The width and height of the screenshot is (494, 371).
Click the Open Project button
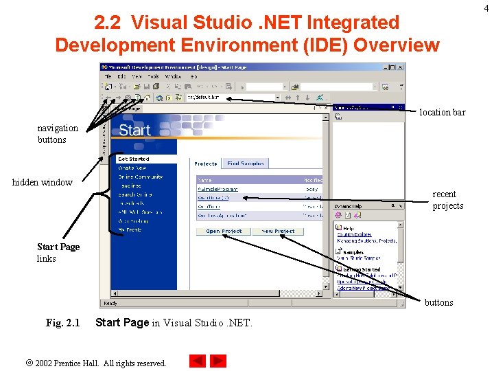pos(224,232)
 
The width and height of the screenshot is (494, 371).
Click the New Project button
pos(278,232)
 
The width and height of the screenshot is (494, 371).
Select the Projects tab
pos(205,164)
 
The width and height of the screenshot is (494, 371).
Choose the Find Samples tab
pos(246,164)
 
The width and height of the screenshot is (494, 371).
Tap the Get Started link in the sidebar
pos(133,159)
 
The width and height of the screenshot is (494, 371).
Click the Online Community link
pos(140,177)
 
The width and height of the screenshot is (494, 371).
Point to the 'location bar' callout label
pos(442,112)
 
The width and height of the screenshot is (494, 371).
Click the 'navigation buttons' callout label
pos(58,134)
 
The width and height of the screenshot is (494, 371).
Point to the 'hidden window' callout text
pos(42,182)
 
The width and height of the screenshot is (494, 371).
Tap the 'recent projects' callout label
pos(448,200)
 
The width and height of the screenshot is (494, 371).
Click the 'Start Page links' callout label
pos(58,252)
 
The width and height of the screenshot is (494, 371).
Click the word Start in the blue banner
pos(134,130)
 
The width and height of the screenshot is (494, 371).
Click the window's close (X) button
pos(401,67)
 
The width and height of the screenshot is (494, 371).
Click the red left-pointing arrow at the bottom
pos(198,361)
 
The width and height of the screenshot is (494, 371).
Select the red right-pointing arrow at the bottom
pos(218,361)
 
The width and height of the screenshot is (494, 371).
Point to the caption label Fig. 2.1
pos(62,322)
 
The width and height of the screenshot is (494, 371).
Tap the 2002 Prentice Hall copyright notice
pos(100,363)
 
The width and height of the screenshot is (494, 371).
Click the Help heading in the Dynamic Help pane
pos(349,228)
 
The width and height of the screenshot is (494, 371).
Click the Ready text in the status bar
pos(110,303)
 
